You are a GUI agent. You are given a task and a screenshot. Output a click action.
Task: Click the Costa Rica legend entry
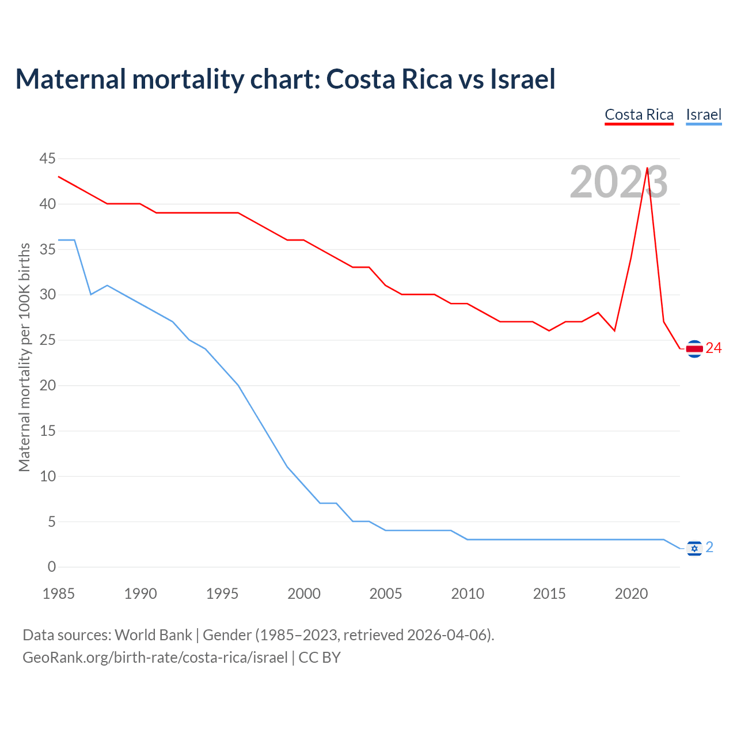click(x=639, y=115)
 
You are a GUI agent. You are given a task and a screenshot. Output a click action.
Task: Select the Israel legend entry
click(x=704, y=115)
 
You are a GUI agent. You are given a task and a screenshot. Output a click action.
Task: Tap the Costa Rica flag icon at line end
click(x=694, y=348)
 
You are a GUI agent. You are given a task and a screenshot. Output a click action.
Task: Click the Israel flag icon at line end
click(x=694, y=548)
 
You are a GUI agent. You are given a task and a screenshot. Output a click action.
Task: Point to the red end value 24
click(x=714, y=348)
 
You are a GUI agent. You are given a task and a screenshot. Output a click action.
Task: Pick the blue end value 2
click(x=709, y=548)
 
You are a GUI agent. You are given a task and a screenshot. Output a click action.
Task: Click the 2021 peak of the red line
click(x=647, y=168)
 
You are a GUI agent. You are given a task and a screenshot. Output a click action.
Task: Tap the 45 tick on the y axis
click(x=48, y=158)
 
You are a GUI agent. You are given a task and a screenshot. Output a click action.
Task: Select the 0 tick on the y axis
click(x=52, y=567)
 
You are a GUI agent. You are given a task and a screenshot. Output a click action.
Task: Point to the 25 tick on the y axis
click(x=48, y=340)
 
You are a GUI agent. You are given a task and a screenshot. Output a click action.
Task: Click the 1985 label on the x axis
click(x=59, y=594)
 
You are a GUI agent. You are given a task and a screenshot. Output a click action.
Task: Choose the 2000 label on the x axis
click(x=304, y=594)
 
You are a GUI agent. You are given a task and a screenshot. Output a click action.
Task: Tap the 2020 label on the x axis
click(x=631, y=594)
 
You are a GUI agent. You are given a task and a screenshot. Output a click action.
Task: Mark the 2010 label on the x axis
click(x=468, y=594)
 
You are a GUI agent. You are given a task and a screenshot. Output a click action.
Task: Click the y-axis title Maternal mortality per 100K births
click(x=24, y=358)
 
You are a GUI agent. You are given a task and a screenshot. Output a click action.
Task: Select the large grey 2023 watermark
click(x=618, y=183)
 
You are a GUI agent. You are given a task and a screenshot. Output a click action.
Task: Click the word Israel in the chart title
click(x=522, y=79)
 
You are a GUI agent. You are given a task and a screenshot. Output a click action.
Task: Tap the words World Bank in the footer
click(x=153, y=635)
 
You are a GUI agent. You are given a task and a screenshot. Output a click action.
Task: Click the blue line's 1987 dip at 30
click(x=91, y=294)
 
